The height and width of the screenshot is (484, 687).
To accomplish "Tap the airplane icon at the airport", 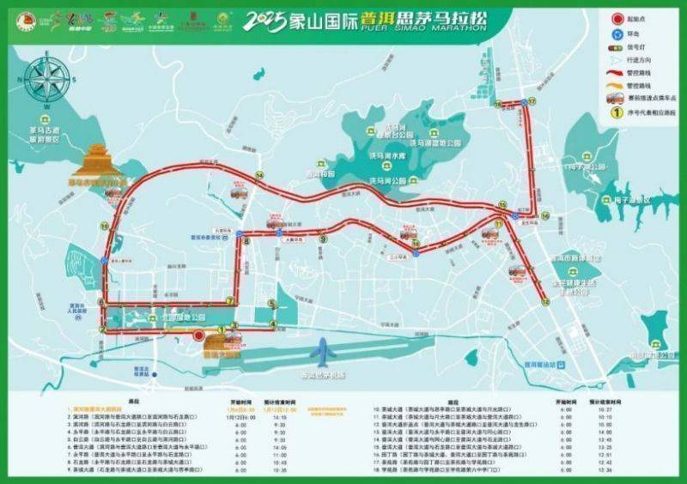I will (324, 353).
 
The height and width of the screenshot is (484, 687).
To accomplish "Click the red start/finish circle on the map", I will (199, 336).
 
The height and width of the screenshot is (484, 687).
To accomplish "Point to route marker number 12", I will (544, 301).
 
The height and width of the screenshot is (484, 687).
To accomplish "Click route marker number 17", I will (532, 101).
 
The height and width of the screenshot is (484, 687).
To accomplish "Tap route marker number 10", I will (104, 226).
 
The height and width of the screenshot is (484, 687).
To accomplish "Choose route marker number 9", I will (324, 240).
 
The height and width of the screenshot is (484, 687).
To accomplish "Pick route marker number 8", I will (246, 242).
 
